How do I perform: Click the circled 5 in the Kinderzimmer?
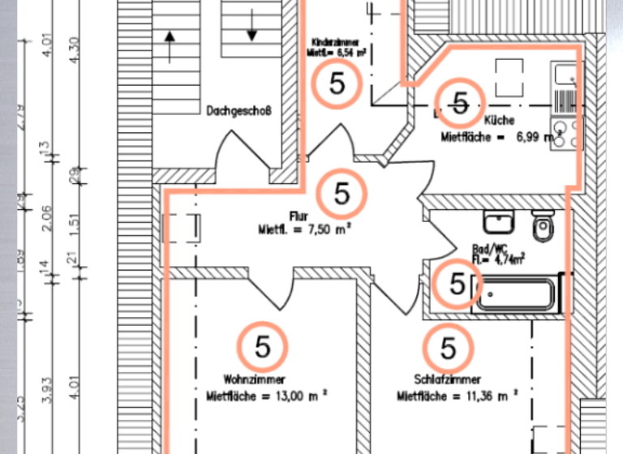[337, 84]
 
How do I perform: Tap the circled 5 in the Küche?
[460, 103]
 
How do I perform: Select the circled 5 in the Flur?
[342, 194]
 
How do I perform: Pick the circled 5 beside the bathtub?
[458, 284]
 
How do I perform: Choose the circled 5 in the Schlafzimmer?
[448, 348]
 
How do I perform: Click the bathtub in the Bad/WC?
[520, 293]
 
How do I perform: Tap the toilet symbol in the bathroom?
[542, 223]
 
